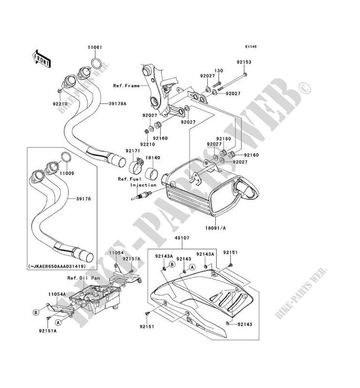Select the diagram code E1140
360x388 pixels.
point(250,47)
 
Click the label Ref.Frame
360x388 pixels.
point(127,85)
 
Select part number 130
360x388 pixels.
point(219,71)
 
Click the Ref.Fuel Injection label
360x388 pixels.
point(136,182)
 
